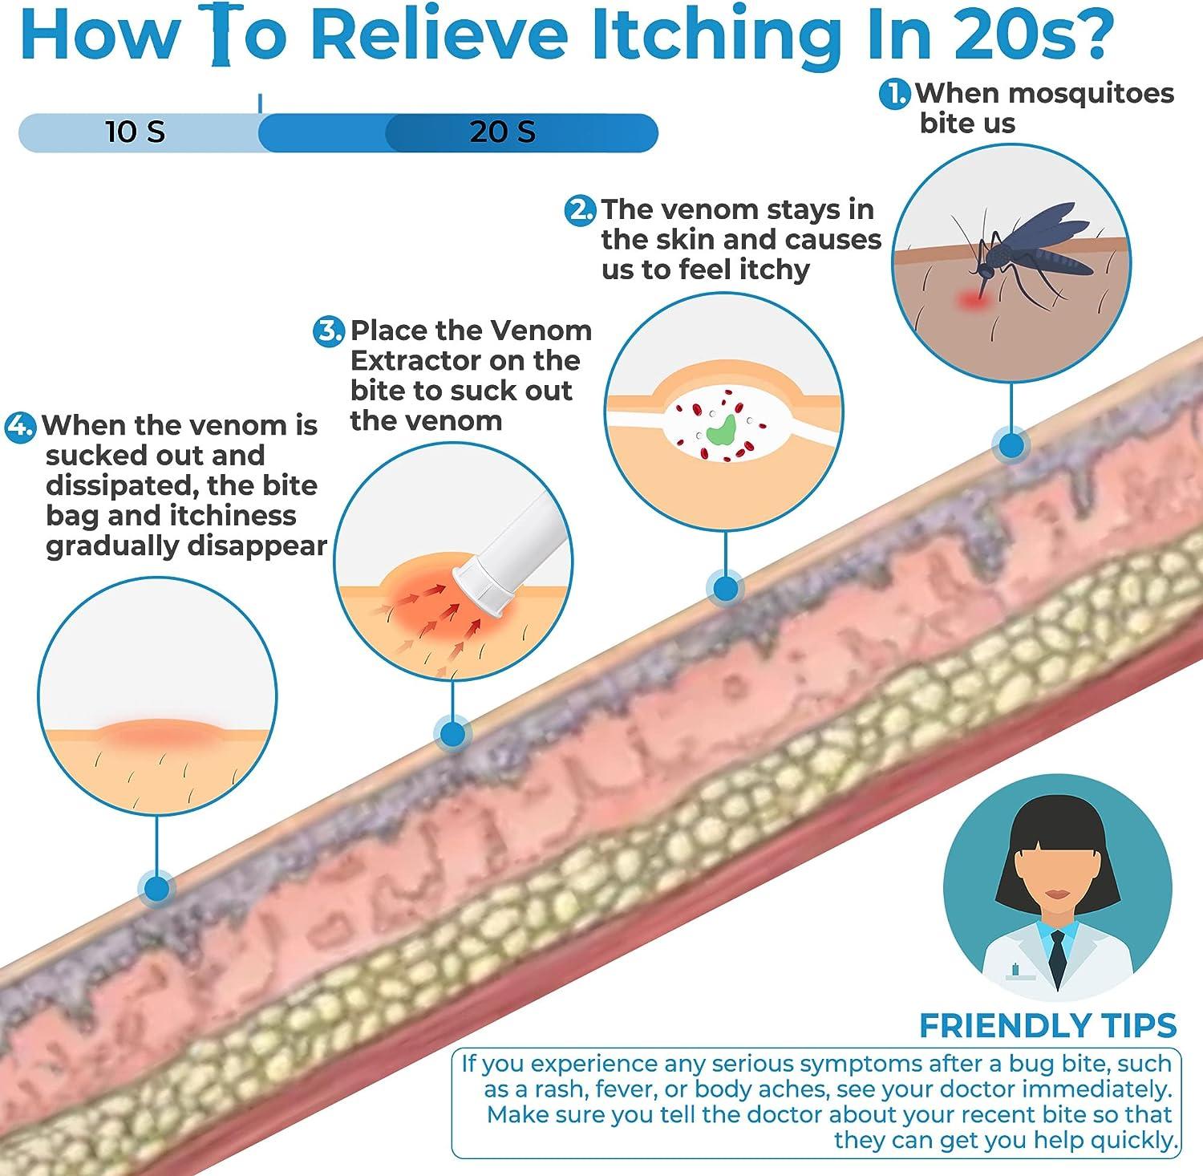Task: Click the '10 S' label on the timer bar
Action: pyautogui.click(x=136, y=132)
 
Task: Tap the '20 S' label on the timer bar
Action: pyautogui.click(x=503, y=132)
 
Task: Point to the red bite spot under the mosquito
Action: pyautogui.click(x=974, y=299)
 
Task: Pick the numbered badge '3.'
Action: pyautogui.click(x=330, y=331)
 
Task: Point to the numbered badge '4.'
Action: pyautogui.click(x=21, y=426)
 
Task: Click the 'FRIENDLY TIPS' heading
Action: pyautogui.click(x=1047, y=1025)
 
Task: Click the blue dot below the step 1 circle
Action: pyautogui.click(x=1011, y=444)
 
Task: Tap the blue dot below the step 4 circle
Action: pyautogui.click(x=157, y=888)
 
